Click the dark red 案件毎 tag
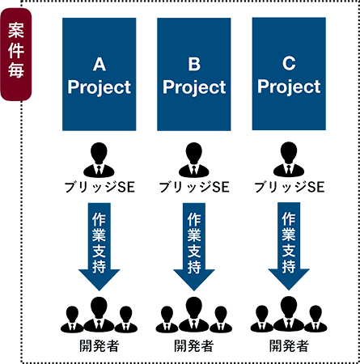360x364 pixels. pos(16,54)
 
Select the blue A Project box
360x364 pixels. pos(100,74)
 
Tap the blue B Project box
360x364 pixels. pos(194,74)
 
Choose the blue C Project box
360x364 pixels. pos(289,74)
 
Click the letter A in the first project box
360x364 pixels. pos(100,65)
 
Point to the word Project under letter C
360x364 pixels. pos(289,87)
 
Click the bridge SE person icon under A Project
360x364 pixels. pos(99,160)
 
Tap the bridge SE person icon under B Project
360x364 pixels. pos(194,160)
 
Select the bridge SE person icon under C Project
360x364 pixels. pos(289,159)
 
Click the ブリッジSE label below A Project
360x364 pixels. pos(100,187)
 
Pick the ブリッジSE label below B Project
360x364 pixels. pos(194,187)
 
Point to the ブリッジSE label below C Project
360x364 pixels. pos(290,187)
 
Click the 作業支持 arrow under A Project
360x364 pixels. pos(99,247)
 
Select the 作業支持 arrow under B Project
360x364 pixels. pos(194,247)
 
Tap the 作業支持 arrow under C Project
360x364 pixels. pos(289,246)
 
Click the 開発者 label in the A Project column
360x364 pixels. pos(100,346)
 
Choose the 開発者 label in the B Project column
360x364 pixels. pos(194,346)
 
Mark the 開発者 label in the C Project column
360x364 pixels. pos(289,345)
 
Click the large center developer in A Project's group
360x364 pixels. pos(99,315)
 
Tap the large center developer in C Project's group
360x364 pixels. pos(289,314)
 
